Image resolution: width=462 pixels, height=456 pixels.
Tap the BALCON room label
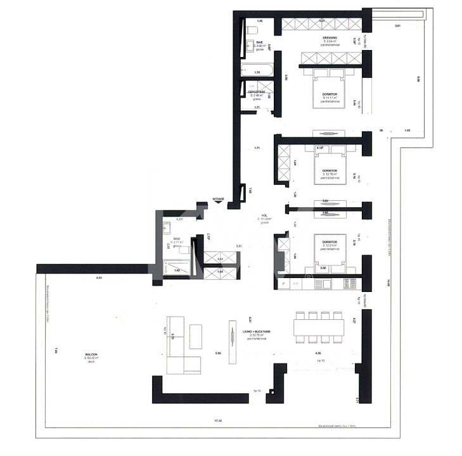pos(93,356)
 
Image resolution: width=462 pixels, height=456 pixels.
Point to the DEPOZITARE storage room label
pos(257,94)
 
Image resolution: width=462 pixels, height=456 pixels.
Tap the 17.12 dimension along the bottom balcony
pos(219,420)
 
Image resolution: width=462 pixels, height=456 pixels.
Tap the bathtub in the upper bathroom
pos(258,69)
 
